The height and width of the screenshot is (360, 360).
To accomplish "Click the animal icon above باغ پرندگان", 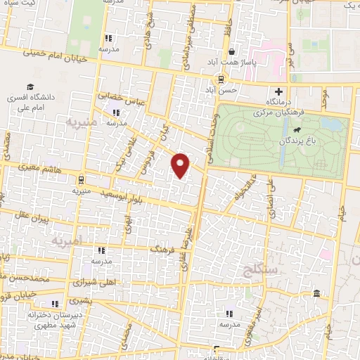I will [298, 131].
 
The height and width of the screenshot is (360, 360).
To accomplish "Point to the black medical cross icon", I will [279, 91].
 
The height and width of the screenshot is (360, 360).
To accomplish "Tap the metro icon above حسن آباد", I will [221, 79].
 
